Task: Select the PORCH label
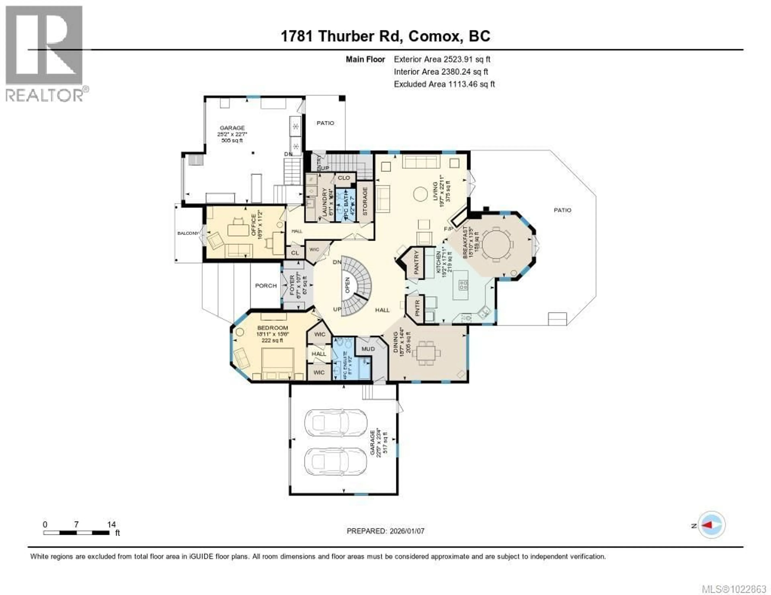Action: tap(266, 286)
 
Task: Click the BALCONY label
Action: tap(188, 233)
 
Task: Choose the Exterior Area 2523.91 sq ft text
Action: tap(442, 59)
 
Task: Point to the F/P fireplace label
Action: tap(448, 229)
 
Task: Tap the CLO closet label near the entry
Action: tap(344, 178)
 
